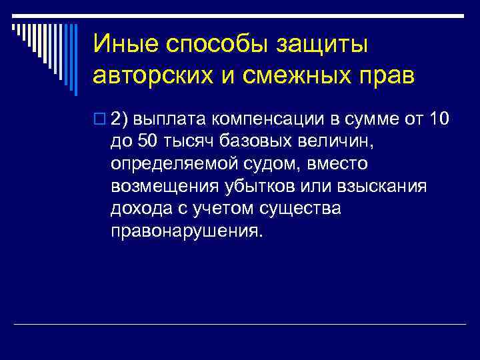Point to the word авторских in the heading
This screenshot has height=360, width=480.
(x=152, y=75)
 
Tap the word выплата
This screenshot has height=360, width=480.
(x=173, y=119)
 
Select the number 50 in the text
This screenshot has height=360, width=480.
(x=148, y=141)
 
